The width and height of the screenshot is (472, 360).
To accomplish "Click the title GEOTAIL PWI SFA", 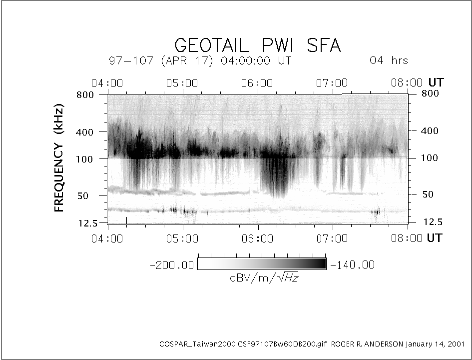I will [258, 46].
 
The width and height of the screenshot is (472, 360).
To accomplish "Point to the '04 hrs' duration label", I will [389, 60].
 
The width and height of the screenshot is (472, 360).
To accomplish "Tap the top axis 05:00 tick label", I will [183, 83].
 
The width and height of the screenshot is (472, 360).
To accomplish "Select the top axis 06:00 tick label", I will [258, 83].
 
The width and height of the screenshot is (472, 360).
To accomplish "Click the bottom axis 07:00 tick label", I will [333, 238].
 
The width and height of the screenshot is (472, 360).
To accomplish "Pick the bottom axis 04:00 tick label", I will [108, 238].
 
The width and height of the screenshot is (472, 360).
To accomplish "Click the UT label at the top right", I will [436, 82].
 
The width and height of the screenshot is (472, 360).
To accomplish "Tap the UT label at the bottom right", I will [435, 238].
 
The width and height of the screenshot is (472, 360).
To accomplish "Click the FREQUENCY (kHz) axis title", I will [60, 159].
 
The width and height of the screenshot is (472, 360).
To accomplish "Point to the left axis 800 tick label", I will [87, 94].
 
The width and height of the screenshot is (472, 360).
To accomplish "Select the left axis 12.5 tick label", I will [88, 223].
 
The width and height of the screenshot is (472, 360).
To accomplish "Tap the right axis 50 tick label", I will [428, 194].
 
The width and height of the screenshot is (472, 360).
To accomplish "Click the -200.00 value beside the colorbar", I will [171, 265].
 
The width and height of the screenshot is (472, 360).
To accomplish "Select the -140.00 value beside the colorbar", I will [353, 265].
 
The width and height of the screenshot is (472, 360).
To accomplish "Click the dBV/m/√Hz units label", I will [264, 278].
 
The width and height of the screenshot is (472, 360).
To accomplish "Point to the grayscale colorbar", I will [262, 264].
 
